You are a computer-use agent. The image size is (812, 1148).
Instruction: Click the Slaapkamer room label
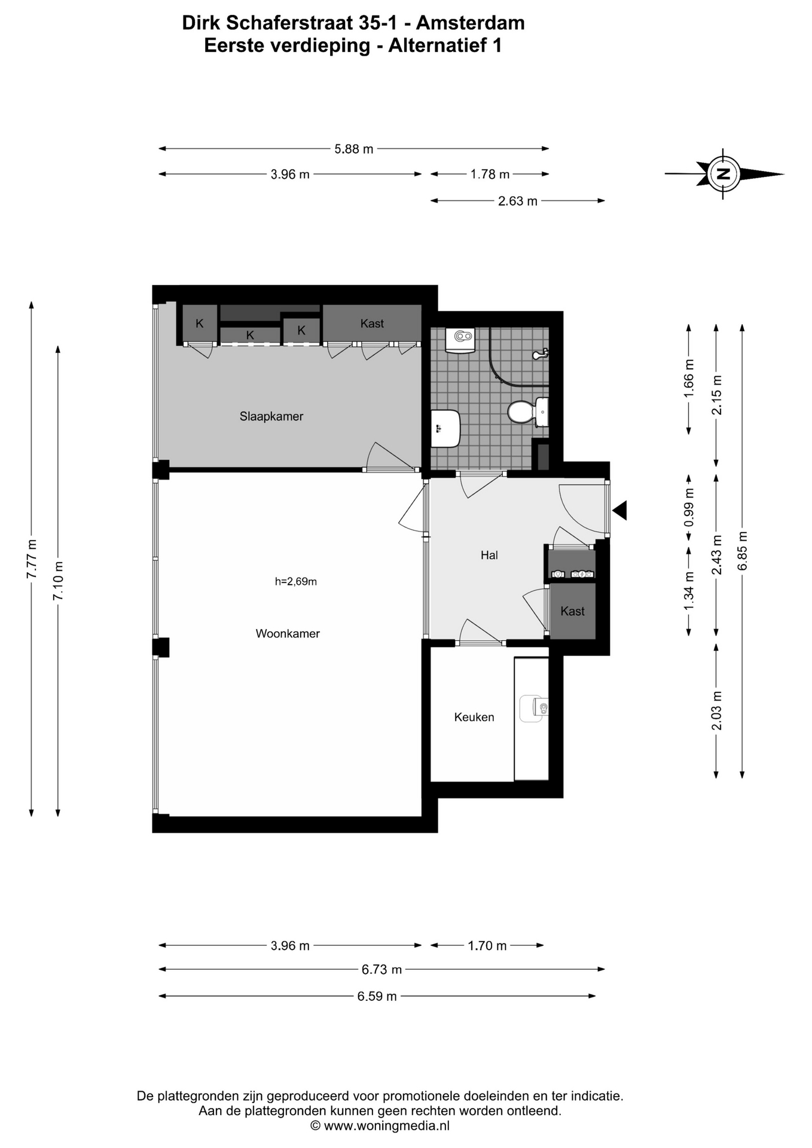[x=271, y=416]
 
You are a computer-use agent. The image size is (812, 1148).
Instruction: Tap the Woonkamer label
[x=288, y=633]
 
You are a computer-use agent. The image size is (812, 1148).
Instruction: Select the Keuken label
[x=474, y=717]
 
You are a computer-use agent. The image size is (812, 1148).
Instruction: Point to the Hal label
[x=489, y=555]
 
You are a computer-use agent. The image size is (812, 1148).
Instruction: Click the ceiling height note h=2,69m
[x=296, y=581]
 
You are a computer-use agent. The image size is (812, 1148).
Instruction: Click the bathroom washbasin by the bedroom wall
[x=445, y=428]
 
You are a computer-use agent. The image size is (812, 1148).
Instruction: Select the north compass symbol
[x=724, y=174]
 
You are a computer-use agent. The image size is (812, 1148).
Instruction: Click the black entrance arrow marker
[x=619, y=510]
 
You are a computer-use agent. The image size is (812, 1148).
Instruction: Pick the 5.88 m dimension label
[x=354, y=149]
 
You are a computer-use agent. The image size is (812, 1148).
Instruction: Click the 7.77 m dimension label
[x=32, y=558]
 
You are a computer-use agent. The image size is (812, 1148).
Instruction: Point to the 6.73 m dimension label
[x=381, y=969]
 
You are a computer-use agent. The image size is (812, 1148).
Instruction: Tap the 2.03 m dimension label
[x=716, y=710]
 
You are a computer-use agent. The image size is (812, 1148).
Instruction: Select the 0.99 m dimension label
[x=689, y=507]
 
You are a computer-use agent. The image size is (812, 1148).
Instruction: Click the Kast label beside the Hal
[x=572, y=611]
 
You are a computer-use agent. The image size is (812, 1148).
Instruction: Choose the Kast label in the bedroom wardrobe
[x=372, y=323]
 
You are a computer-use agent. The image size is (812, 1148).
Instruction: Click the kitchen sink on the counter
[x=533, y=709]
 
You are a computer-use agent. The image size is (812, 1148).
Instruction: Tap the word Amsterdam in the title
[x=471, y=23]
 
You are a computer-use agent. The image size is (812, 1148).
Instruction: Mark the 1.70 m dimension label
[x=487, y=945]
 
